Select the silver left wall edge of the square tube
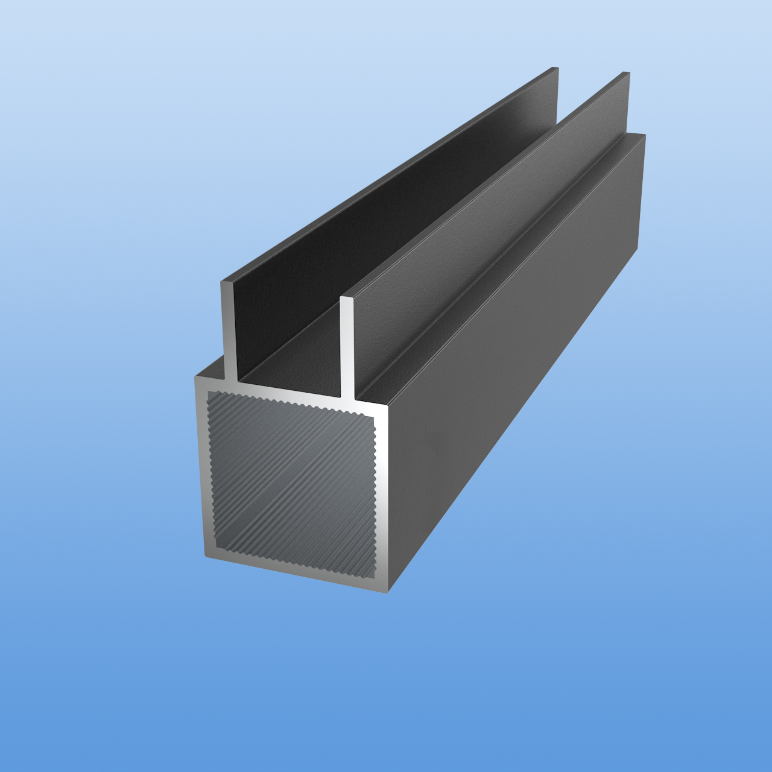coord(201,470)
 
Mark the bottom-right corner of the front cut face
coord(387,591)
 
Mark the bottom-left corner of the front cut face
coord(206,557)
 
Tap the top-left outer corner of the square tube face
coord(195,378)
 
